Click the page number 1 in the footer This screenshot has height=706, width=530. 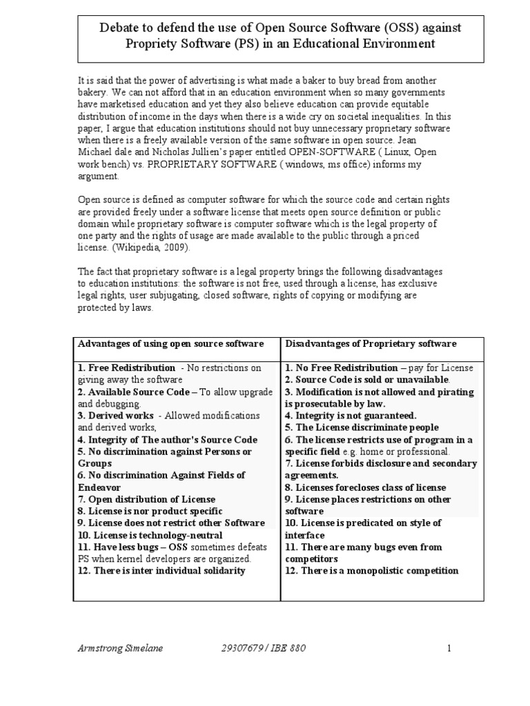click(x=449, y=648)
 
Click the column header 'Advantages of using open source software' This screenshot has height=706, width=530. click(x=170, y=343)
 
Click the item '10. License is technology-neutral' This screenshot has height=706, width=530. click(x=150, y=535)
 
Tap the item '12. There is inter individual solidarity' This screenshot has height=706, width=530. click(x=161, y=571)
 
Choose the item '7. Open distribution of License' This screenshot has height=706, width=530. click(x=146, y=499)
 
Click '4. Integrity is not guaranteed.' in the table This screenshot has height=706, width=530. click(x=351, y=416)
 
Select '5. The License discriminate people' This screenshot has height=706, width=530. click(x=362, y=427)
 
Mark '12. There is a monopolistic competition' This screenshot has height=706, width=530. click(x=371, y=571)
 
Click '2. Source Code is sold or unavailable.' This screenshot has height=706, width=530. click(x=368, y=380)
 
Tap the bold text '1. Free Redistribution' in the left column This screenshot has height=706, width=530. click(x=126, y=368)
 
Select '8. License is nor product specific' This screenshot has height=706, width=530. click(x=150, y=511)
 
